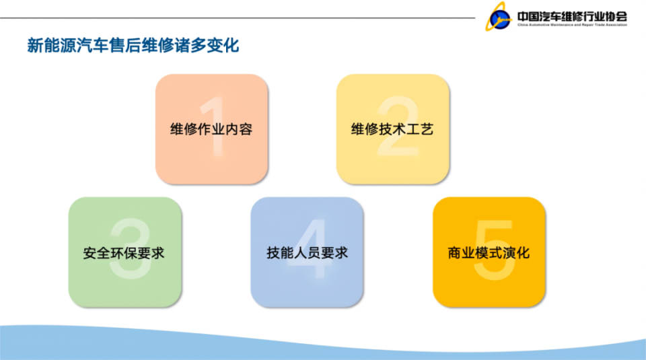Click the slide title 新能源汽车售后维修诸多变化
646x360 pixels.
point(133,46)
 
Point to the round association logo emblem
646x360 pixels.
point(500,18)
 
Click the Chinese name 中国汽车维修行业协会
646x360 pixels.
point(572,15)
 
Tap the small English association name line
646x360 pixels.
point(572,25)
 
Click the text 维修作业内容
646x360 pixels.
point(211,129)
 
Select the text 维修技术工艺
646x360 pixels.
point(392,129)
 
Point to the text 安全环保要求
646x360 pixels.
point(124,254)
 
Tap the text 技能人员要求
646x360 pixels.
point(307,254)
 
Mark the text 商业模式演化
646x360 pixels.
point(489,254)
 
